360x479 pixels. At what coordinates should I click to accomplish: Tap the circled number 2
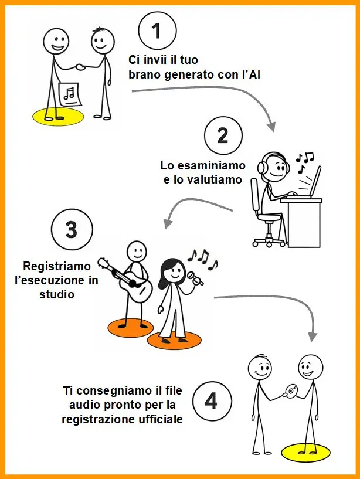(222, 135)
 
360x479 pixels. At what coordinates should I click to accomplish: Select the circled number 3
(71, 229)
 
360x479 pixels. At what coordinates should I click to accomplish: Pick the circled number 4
(211, 403)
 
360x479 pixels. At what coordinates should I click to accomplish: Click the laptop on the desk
(312, 183)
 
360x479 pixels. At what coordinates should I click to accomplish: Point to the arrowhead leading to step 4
(313, 337)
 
